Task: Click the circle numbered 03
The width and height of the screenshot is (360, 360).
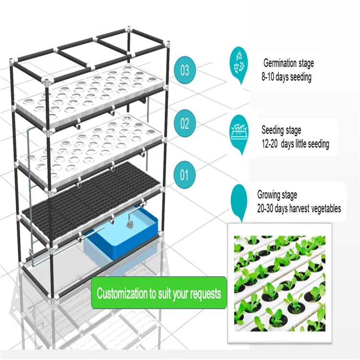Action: click(x=185, y=70)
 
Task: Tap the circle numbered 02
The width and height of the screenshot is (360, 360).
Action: click(x=185, y=123)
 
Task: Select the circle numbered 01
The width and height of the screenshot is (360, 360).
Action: click(x=185, y=175)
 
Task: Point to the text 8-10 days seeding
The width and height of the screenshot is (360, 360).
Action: click(x=286, y=77)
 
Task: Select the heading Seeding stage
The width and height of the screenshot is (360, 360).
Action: click(x=281, y=130)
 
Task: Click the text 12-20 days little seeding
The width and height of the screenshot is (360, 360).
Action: click(x=295, y=144)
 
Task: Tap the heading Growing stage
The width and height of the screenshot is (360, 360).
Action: click(x=277, y=195)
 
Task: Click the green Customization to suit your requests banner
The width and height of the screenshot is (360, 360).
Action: click(x=158, y=293)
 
